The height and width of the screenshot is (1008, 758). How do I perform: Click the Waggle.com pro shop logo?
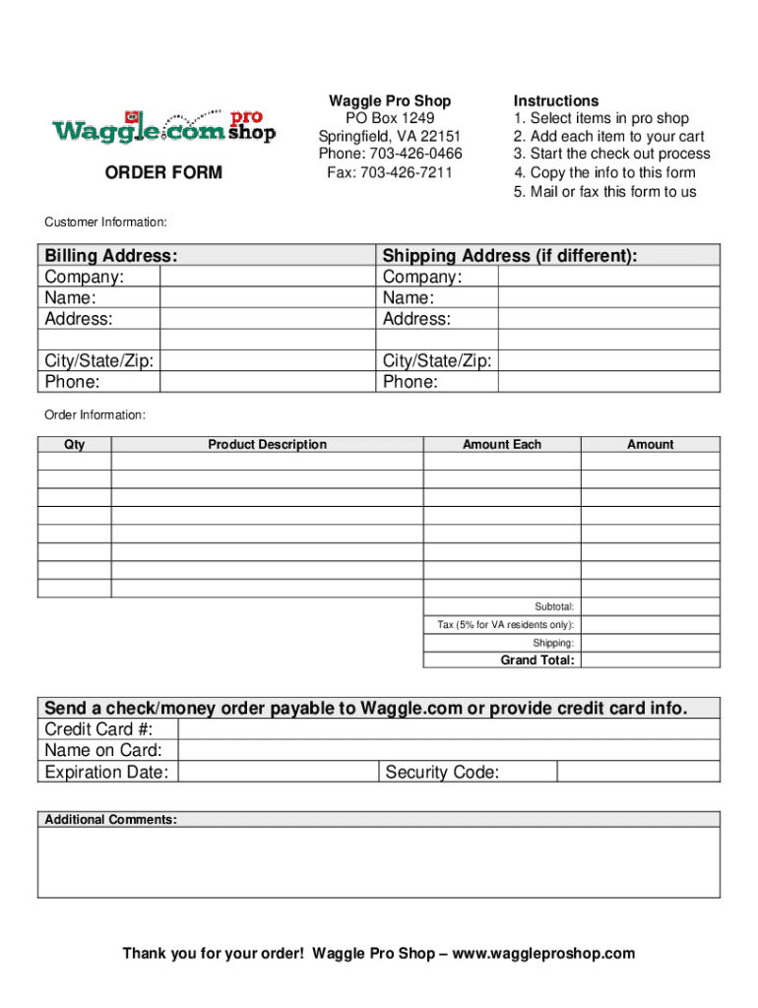[163, 127]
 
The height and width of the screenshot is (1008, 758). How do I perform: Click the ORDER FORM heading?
[163, 173]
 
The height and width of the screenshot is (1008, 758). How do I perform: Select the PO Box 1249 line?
[390, 118]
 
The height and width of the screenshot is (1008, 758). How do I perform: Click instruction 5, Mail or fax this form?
[604, 191]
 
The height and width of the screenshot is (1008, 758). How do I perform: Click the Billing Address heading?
[111, 256]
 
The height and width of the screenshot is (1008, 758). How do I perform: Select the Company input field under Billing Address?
[267, 277]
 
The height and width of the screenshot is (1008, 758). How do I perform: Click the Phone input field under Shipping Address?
[607, 381]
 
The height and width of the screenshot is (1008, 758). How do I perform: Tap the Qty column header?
[75, 445]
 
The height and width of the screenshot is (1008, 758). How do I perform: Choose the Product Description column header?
[267, 445]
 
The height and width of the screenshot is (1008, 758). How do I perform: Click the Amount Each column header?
[502, 445]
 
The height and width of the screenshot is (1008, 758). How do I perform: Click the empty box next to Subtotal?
[650, 607]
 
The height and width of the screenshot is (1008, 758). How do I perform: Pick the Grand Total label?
[537, 661]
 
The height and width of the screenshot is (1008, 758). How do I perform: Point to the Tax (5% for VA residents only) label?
[506, 625]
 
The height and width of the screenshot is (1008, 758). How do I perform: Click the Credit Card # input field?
[450, 729]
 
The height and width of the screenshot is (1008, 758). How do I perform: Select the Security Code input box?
[638, 772]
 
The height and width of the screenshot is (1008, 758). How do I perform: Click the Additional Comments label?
[110, 819]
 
